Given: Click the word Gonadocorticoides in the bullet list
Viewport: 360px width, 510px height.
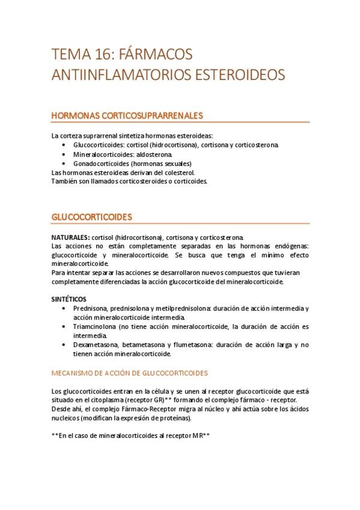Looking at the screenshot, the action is [x=100, y=164].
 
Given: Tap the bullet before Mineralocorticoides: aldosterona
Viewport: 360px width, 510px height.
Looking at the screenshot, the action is [x=64, y=155].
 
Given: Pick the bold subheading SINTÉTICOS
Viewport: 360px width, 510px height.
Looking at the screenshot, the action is [x=69, y=299].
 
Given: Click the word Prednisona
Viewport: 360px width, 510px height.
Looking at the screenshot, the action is [x=90, y=309].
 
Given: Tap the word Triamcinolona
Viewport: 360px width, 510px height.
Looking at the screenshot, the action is [x=94, y=327].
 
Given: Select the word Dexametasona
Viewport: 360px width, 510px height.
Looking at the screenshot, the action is [x=96, y=345].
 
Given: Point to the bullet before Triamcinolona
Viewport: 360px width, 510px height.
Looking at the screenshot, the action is [x=64, y=327].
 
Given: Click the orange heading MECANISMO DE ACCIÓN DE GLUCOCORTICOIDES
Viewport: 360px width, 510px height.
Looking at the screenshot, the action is [x=130, y=372].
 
